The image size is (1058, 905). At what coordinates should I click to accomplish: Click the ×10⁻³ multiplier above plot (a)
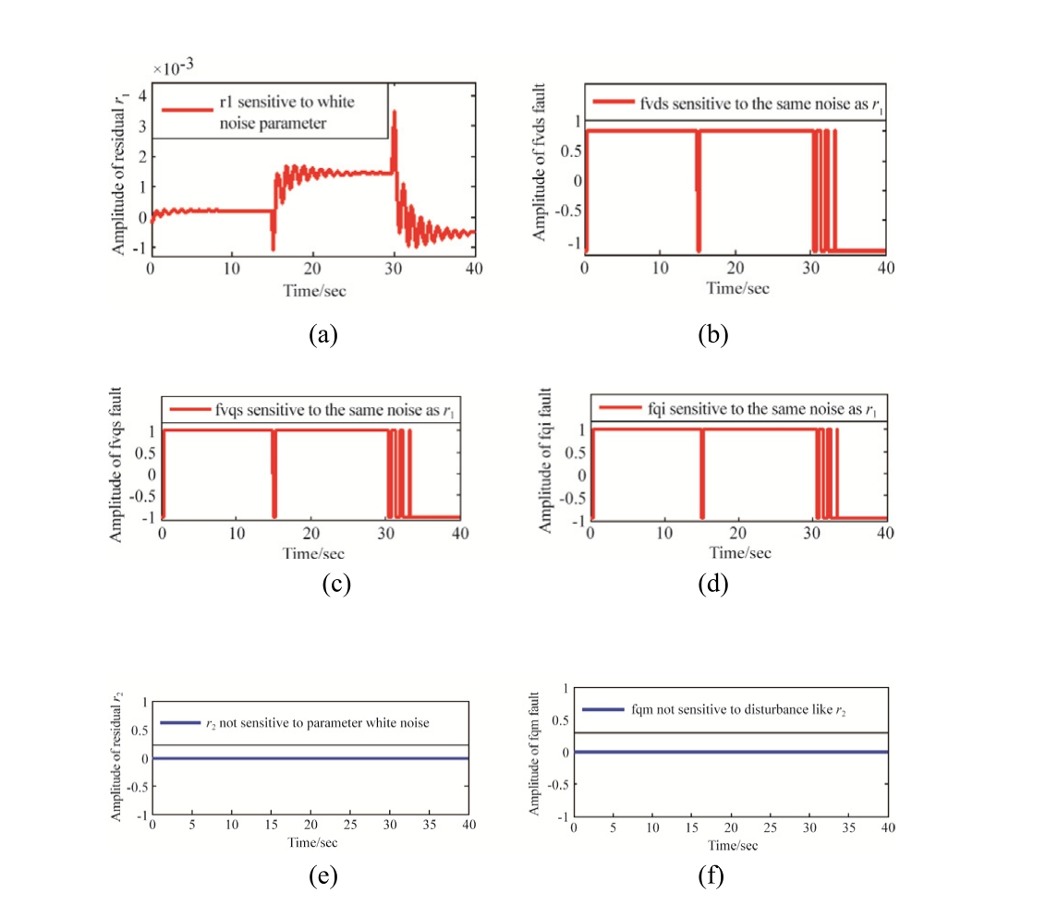click(x=172, y=68)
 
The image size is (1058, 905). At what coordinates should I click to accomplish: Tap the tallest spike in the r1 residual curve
click(x=395, y=112)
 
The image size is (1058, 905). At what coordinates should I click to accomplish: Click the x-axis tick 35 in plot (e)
click(x=429, y=822)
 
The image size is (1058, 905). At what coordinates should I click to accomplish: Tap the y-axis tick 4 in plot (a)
click(x=141, y=95)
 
